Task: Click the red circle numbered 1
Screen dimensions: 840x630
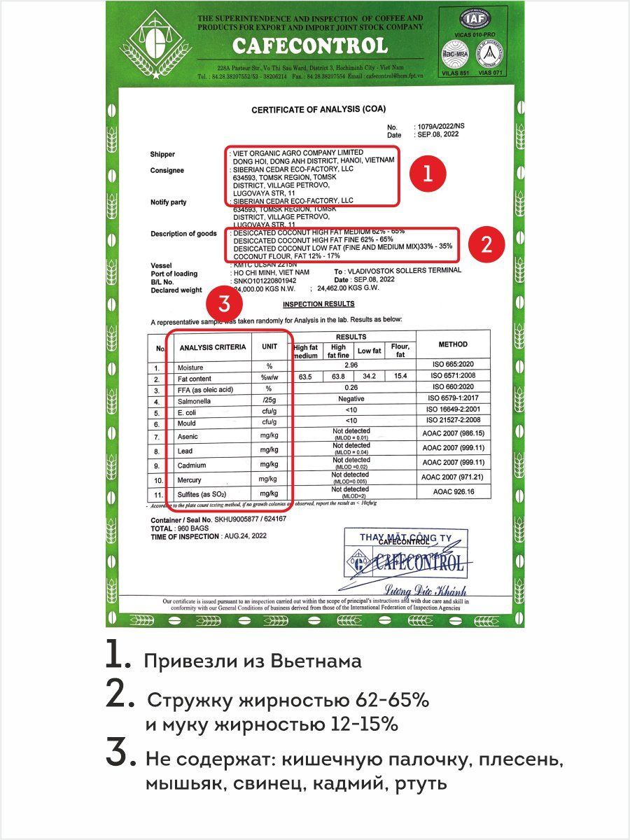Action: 429,173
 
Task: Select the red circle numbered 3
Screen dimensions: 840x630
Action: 224,304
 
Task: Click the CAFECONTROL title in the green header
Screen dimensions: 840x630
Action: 309,46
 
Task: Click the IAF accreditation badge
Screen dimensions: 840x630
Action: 475,17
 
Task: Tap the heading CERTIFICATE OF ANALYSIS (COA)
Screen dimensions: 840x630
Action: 318,109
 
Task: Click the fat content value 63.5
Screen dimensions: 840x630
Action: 305,378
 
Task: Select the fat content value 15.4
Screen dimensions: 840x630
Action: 400,378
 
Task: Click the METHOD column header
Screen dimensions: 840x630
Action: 453,344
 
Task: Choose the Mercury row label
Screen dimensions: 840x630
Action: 190,480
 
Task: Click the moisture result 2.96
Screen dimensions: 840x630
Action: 352,366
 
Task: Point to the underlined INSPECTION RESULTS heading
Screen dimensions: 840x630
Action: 318,304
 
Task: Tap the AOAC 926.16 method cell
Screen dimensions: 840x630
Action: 453,493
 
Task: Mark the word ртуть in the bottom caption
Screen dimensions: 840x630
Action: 421,783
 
